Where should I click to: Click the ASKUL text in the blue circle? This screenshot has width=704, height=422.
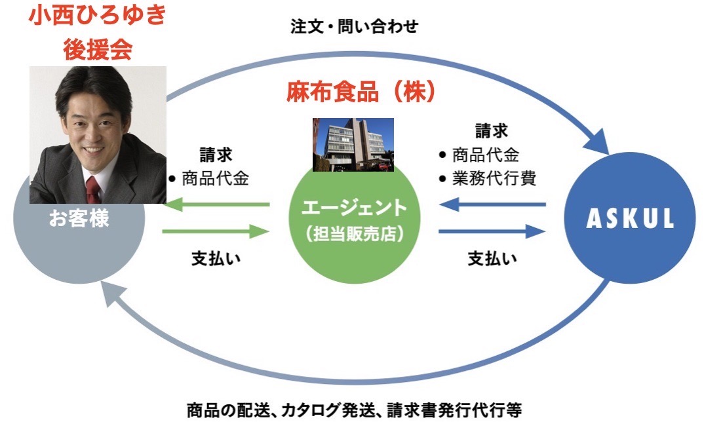[x=630, y=218]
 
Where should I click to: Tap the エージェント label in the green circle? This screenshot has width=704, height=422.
[x=354, y=208]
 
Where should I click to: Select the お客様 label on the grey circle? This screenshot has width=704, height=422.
[x=79, y=219]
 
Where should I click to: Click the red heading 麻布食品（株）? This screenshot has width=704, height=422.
[x=361, y=92]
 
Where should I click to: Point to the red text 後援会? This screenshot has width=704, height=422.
[x=98, y=49]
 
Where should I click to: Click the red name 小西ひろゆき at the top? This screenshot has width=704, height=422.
[x=98, y=15]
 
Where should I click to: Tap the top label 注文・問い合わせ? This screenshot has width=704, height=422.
[x=354, y=26]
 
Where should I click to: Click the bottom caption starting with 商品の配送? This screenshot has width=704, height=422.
[x=354, y=410]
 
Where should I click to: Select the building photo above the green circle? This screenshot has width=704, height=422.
[x=353, y=145]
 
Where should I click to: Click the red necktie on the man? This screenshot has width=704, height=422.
[x=93, y=190]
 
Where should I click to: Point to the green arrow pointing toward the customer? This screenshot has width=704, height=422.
[x=216, y=205]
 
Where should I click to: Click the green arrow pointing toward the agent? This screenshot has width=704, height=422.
[x=216, y=232]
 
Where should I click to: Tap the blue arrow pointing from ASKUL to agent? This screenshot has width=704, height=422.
[x=492, y=205]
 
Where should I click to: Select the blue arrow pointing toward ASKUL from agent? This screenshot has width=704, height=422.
[x=492, y=232]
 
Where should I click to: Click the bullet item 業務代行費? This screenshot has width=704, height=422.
[x=488, y=179]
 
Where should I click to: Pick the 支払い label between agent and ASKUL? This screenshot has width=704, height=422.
[x=492, y=259]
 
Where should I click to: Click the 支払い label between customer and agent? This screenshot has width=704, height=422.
[x=216, y=259]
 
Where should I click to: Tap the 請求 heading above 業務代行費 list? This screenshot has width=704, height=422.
[x=492, y=131]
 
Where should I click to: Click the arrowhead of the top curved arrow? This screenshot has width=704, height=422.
[x=598, y=140]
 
